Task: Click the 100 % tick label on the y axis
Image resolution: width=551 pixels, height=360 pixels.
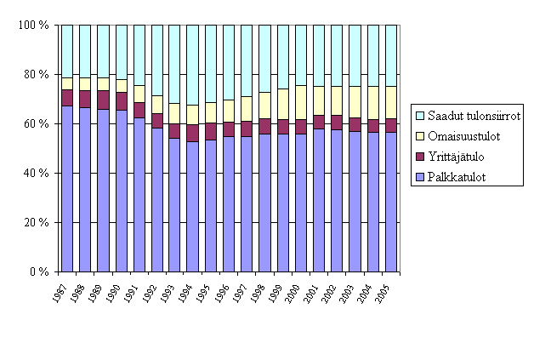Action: tap(33, 26)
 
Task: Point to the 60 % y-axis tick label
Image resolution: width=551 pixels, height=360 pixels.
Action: tap(36, 124)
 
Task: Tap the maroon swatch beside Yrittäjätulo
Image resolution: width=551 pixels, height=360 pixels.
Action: tap(420, 156)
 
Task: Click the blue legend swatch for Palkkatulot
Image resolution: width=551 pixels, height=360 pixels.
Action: tap(420, 176)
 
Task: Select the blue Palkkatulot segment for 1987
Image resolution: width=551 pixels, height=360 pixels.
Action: tap(67, 188)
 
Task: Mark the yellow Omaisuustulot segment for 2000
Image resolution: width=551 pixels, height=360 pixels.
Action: tap(301, 102)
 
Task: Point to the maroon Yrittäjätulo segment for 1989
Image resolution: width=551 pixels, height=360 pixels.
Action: tap(103, 100)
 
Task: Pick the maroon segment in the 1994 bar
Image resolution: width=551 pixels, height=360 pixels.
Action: tap(193, 133)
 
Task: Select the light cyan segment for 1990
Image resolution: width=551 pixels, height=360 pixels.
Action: tap(121, 52)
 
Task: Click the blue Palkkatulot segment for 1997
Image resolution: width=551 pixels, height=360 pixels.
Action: tap(247, 203)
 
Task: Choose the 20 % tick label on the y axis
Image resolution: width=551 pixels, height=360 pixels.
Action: tap(36, 223)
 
